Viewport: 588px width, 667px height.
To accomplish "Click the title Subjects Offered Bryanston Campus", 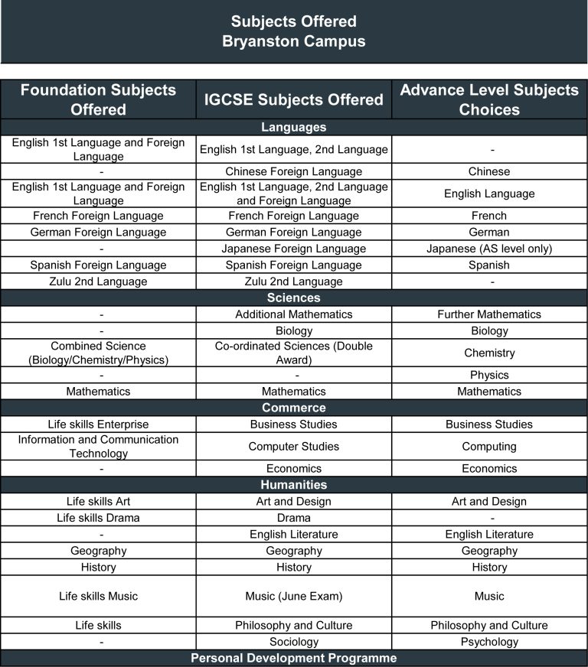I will (294, 31).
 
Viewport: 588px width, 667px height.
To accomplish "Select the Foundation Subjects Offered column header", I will (98, 99).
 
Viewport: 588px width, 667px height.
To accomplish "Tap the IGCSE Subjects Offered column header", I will (294, 99).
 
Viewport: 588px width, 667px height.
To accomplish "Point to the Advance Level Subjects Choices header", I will (489, 99).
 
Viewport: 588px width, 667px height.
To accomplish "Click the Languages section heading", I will (294, 127).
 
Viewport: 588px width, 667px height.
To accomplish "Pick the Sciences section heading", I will (294, 298).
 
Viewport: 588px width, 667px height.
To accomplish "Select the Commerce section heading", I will (294, 408).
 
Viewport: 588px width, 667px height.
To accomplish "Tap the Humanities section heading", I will (294, 485).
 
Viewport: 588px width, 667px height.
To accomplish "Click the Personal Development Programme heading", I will (294, 658).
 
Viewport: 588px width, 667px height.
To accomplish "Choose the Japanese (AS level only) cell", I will (489, 249).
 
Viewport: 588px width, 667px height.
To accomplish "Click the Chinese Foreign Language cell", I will (294, 171).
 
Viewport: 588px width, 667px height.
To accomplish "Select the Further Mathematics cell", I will (489, 314).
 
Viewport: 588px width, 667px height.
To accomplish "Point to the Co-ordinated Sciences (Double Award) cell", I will (294, 353).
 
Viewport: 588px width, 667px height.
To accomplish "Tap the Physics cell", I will (489, 375).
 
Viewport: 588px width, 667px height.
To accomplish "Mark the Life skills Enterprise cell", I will (98, 425).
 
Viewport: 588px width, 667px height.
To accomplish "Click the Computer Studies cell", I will (294, 446).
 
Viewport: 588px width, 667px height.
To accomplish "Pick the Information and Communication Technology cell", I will (98, 446).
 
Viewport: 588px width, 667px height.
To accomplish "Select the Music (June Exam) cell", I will (294, 596).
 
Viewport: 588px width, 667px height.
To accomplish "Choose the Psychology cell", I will (489, 642).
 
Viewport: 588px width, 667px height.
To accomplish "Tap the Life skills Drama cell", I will (98, 518).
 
